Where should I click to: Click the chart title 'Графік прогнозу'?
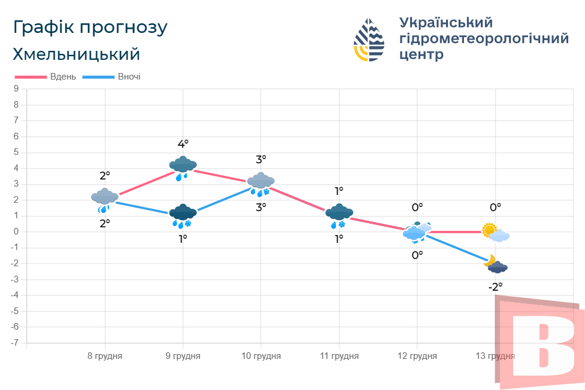point(90,28)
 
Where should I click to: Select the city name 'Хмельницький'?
point(76,54)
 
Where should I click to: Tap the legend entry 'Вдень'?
point(63,77)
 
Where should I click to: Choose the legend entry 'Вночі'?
point(129,77)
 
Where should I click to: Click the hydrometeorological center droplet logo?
point(369,40)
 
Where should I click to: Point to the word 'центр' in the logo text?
point(422,54)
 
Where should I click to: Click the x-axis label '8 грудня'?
point(105,356)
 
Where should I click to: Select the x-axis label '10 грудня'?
point(261,356)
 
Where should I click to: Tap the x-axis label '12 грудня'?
point(417,356)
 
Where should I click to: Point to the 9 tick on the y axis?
point(16,89)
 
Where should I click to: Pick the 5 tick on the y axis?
point(16,153)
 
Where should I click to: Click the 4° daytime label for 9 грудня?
point(183,144)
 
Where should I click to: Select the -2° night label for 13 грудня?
point(495,287)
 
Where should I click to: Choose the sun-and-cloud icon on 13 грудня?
point(495,232)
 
